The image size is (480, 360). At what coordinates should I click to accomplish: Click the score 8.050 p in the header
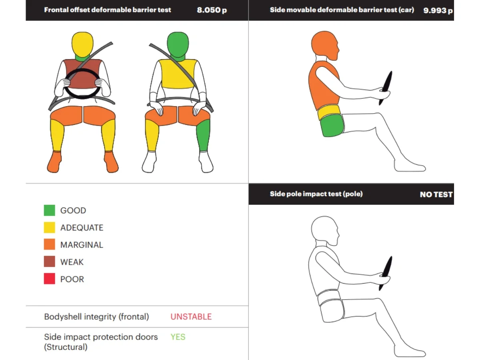click(212, 10)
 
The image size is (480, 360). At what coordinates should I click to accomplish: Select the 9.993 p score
click(438, 10)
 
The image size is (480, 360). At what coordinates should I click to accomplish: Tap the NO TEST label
click(436, 194)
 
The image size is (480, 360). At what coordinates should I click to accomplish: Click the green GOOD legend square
click(50, 210)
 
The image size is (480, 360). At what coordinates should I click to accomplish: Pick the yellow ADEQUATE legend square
click(50, 228)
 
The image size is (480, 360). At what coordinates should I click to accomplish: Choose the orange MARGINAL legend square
click(50, 244)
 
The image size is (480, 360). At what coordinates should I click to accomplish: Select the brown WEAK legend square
click(50, 262)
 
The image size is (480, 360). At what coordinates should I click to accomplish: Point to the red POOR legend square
click(50, 278)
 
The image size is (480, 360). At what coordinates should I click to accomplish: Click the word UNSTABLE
click(191, 317)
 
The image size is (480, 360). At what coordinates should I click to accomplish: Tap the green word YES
click(178, 337)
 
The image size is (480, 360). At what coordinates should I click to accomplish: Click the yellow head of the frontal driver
click(82, 44)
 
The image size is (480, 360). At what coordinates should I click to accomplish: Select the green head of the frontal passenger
click(178, 44)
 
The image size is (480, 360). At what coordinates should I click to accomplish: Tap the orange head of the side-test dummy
click(325, 45)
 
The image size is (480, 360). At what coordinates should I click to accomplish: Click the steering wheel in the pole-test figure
click(386, 273)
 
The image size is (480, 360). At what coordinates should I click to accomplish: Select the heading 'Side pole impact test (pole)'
click(316, 194)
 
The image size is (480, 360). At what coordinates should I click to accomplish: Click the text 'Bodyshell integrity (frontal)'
click(96, 317)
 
